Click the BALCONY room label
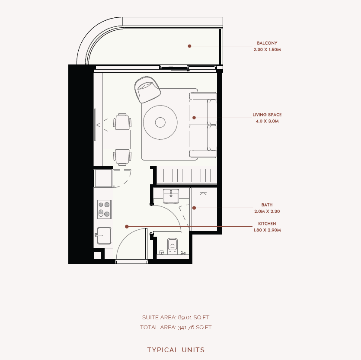[x=267, y=43]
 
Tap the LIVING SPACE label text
[x=267, y=115]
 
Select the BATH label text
[x=267, y=205]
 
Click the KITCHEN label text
[x=267, y=224]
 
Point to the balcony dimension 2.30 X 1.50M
[x=267, y=50]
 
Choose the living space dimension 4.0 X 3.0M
[x=267, y=121]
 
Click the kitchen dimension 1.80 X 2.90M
[x=267, y=230]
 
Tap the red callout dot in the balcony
[x=189, y=46]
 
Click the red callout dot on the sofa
[x=194, y=118]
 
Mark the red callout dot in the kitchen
[x=127, y=227]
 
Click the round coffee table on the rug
[x=160, y=122]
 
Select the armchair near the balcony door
[x=147, y=90]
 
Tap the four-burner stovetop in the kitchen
[x=104, y=209]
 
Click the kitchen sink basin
[x=104, y=235]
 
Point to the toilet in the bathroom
[x=173, y=246]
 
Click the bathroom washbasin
[x=171, y=196]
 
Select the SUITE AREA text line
[x=176, y=318]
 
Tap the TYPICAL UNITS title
[x=176, y=350]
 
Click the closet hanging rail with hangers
[x=187, y=175]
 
